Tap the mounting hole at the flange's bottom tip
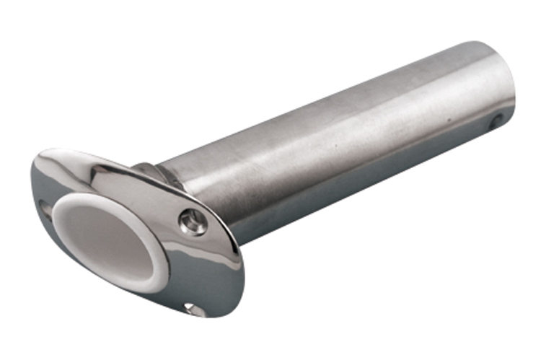point(190,309)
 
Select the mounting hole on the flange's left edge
point(45,209)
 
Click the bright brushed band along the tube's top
point(325,101)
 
